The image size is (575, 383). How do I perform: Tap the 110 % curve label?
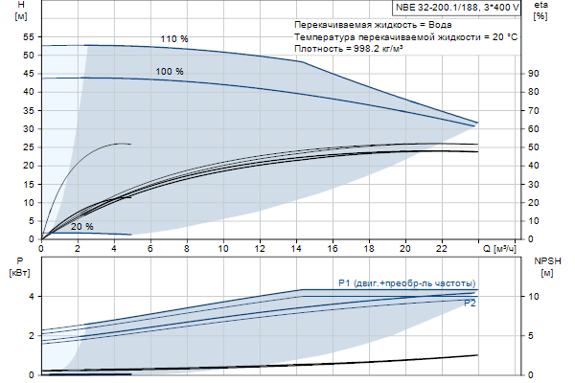tap(173, 39)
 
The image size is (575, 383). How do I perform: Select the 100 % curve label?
tap(170, 72)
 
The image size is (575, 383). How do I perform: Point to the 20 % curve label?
tap(82, 227)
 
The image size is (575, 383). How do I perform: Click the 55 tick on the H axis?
tap(28, 37)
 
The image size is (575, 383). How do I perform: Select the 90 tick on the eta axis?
tap(534, 74)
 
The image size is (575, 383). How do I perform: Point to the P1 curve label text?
tap(406, 282)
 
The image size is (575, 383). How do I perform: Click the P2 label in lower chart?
tap(470, 304)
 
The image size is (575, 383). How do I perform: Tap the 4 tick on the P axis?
tap(32, 297)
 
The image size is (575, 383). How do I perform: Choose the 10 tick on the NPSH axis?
tap(535, 297)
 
